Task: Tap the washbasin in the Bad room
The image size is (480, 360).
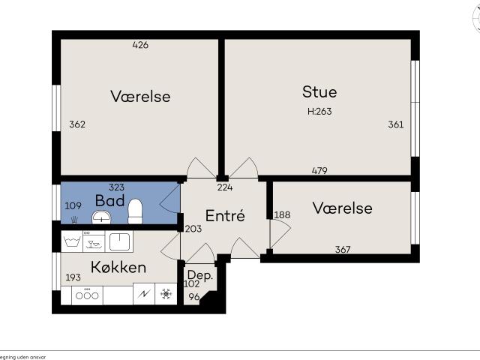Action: click(101, 217)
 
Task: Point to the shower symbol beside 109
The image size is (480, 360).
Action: click(73, 220)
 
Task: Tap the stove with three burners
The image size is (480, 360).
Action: click(86, 295)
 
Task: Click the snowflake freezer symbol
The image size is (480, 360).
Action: click(164, 295)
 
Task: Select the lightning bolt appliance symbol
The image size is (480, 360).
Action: click(142, 295)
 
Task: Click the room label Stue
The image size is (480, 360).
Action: click(319, 92)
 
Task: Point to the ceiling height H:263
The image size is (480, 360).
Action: click(319, 111)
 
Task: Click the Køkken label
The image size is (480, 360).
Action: click(118, 268)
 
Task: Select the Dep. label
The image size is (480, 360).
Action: click(200, 274)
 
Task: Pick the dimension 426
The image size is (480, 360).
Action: click(140, 45)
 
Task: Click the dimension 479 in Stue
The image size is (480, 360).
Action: click(319, 170)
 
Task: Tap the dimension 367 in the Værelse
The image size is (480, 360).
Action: click(342, 250)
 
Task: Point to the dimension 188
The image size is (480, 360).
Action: click(282, 215)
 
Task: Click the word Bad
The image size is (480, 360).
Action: click(109, 201)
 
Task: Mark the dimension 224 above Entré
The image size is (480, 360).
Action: click(224, 187)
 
